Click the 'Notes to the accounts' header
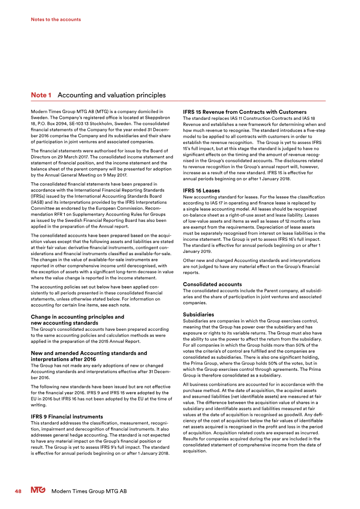(x=56, y=19)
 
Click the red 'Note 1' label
(x=41, y=95)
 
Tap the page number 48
(x=18, y=491)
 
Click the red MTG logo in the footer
(x=38, y=491)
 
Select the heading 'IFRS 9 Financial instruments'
(x=66, y=417)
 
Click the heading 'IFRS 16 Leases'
(x=201, y=190)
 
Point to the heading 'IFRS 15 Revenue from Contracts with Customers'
(x=245, y=112)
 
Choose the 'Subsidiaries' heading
(x=198, y=314)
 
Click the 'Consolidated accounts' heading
(x=212, y=284)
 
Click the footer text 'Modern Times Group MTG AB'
(x=89, y=491)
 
